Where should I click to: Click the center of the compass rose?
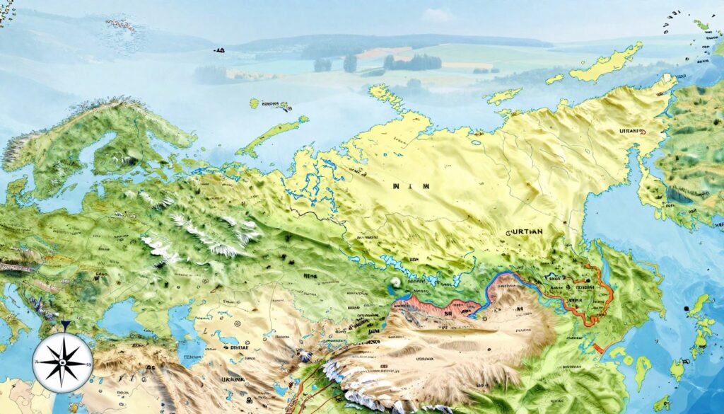pos(63,362)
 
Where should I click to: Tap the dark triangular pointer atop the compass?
pos(64,326)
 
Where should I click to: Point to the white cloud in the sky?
pos(438,14)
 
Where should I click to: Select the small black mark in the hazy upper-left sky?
pos(219,50)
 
